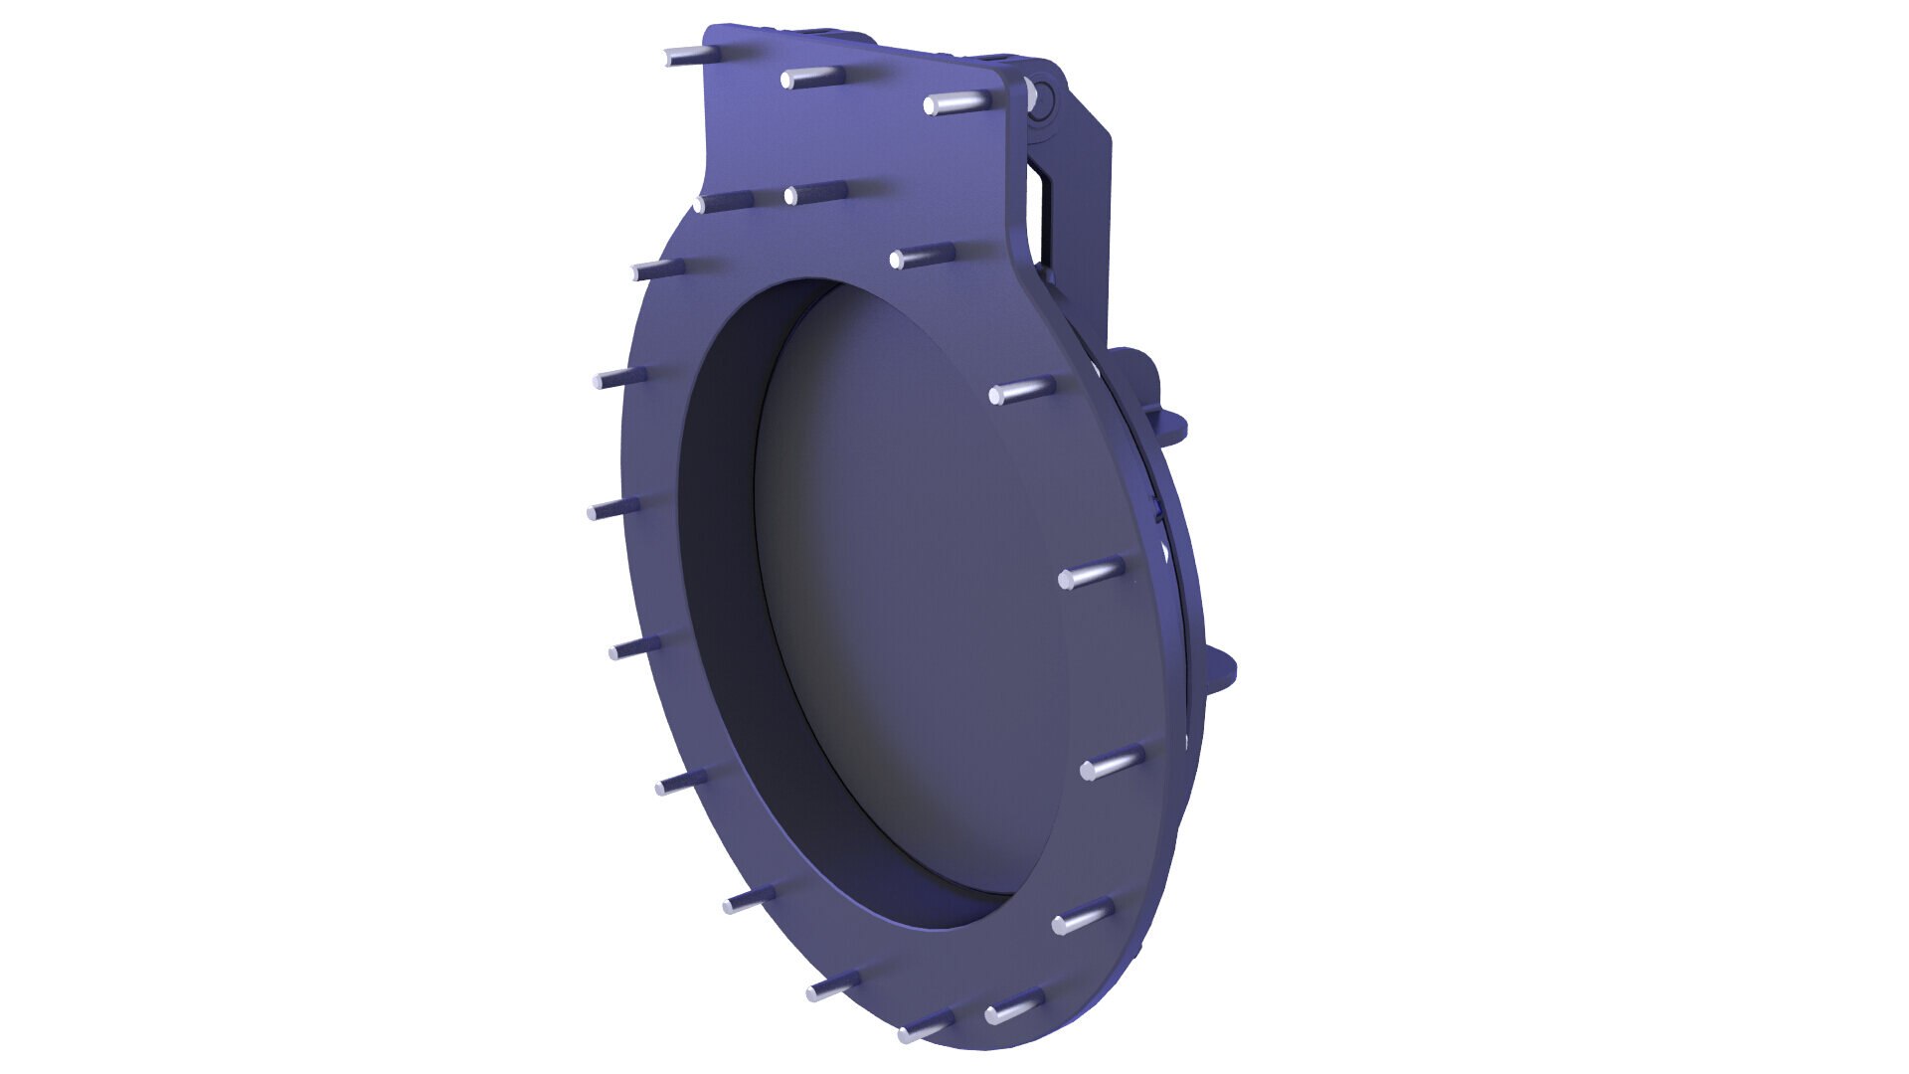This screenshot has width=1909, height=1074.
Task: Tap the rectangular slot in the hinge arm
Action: pos(1040,214)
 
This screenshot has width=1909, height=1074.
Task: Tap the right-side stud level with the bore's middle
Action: pos(1090,575)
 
